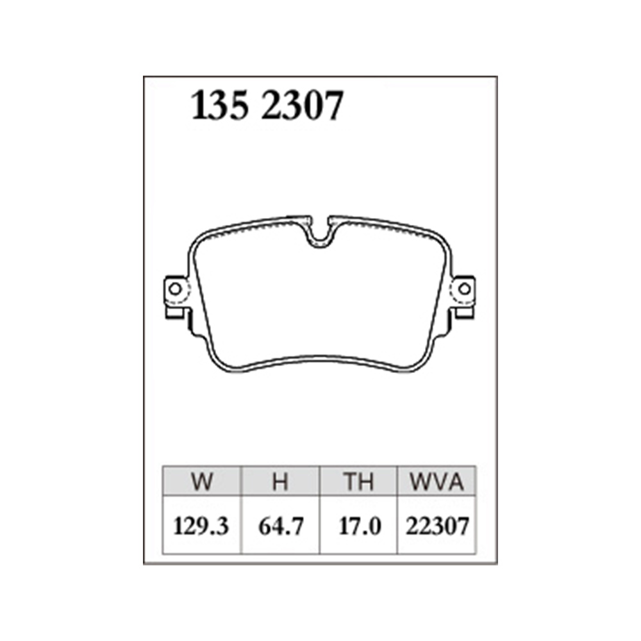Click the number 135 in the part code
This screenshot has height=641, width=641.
pos(220,106)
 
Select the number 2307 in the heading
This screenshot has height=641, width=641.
pos(303,106)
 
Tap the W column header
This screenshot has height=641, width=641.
pos(201,481)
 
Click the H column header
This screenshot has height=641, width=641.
pos(281,481)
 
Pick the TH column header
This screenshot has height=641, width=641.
pos(358,481)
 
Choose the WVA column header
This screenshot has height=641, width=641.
pos(437,481)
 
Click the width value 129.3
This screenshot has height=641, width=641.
pos(201,526)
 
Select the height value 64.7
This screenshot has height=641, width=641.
pos(281,526)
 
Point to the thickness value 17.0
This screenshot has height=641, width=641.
pos(360,526)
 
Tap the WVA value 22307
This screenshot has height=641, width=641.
pos(437,526)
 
